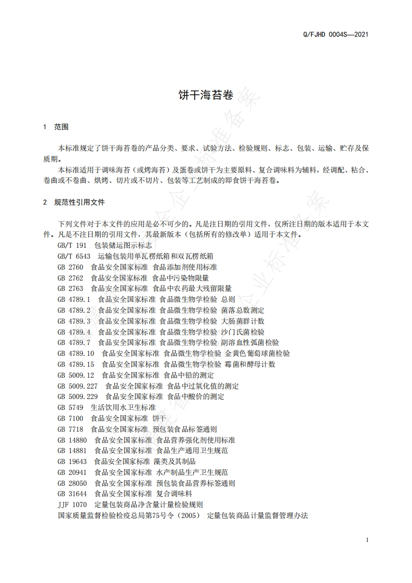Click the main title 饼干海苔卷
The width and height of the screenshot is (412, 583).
tap(206, 95)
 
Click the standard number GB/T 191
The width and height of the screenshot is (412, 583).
tap(72, 245)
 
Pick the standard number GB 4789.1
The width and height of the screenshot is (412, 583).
tap(74, 299)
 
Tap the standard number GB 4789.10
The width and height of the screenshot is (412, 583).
tap(75, 353)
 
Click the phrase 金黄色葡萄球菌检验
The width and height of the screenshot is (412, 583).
tap(257, 353)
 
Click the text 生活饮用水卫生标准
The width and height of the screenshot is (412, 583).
tap(123, 407)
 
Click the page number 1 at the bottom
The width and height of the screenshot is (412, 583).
tap(367, 540)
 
